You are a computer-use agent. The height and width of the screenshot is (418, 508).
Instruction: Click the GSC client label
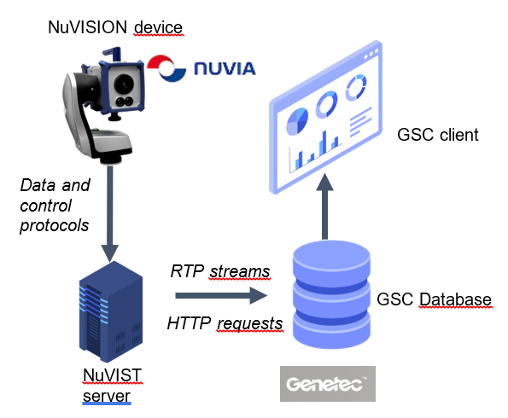(438, 135)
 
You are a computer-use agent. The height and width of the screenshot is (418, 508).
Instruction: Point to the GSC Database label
(434, 299)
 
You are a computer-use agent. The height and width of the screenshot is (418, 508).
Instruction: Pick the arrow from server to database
(218, 297)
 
